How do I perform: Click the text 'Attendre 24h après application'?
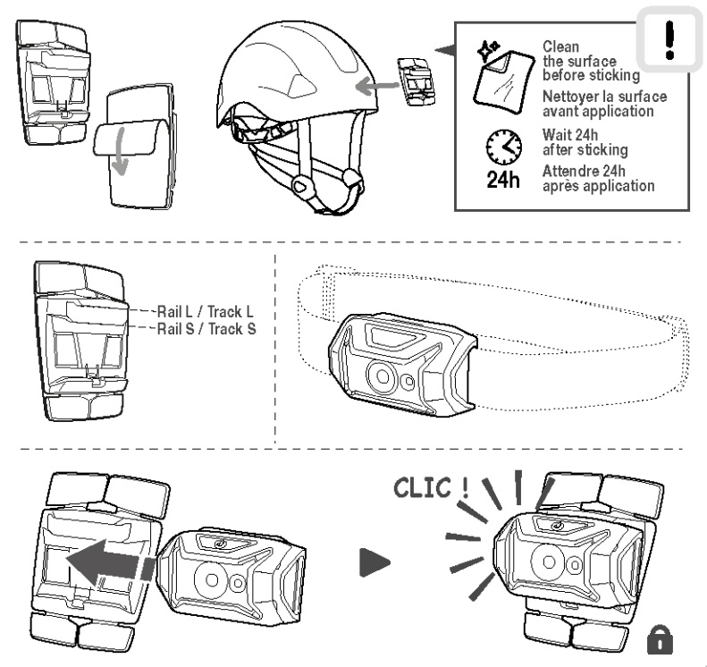coord(598,179)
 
